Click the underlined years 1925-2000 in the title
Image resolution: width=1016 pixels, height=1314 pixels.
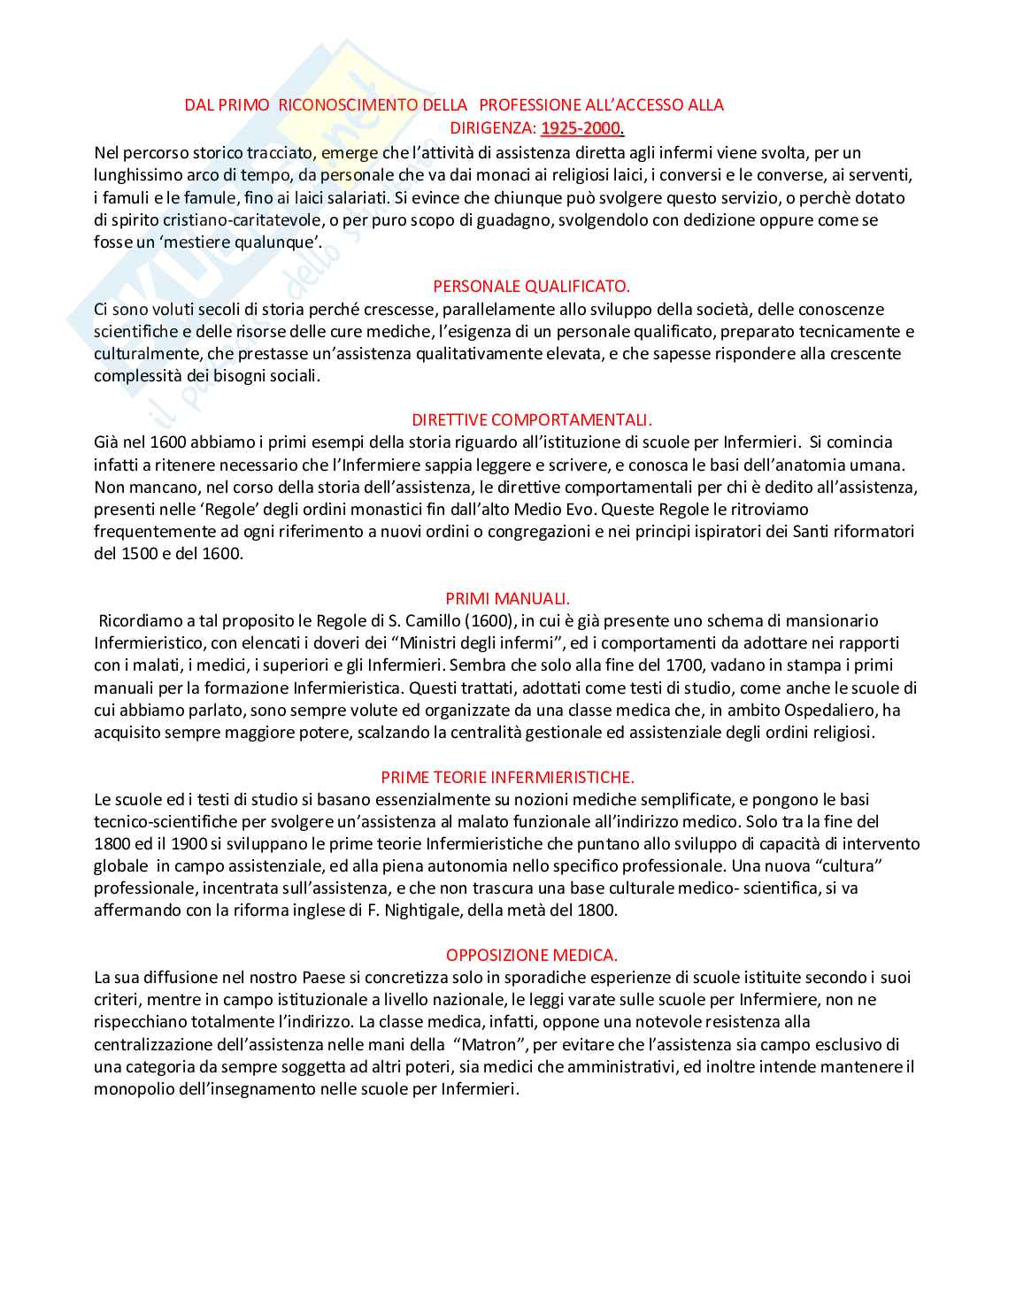tap(581, 128)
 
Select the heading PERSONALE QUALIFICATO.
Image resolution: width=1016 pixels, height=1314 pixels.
tap(531, 286)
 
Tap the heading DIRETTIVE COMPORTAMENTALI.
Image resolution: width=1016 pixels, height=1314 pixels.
tap(532, 419)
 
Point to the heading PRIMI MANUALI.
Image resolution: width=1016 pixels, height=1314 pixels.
tap(507, 598)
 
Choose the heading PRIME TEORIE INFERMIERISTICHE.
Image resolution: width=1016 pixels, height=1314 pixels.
tap(507, 777)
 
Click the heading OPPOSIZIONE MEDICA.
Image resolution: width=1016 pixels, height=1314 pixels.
tap(531, 955)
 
